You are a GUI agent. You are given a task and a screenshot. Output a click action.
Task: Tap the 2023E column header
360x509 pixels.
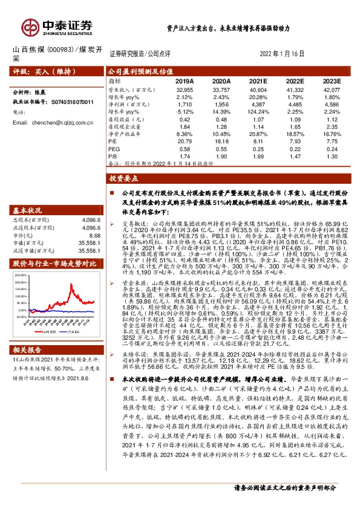[332, 80]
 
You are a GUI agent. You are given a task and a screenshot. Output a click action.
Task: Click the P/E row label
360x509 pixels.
[112, 141]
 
